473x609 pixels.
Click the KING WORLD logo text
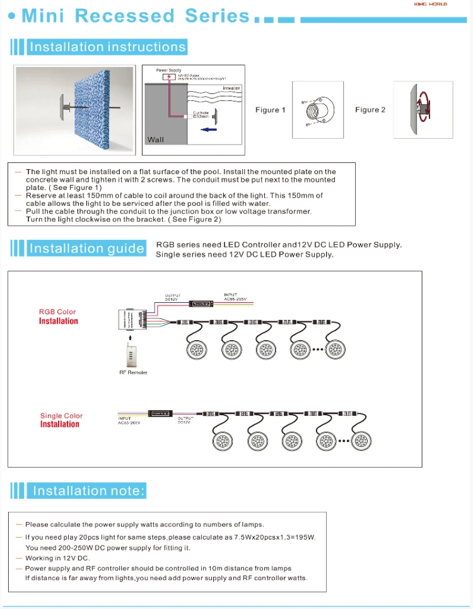[x=431, y=4]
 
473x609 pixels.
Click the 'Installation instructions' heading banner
[x=107, y=47]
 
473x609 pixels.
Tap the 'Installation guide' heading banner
[x=86, y=249]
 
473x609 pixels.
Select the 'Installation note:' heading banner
[x=88, y=491]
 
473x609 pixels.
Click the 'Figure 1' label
[x=270, y=110]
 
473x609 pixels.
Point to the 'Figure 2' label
[x=370, y=110]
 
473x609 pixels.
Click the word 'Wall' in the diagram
[x=155, y=139]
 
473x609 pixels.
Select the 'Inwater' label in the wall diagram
[x=231, y=88]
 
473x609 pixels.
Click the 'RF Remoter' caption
[x=133, y=373]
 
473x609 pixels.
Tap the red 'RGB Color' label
[x=57, y=312]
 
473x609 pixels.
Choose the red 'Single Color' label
[x=61, y=416]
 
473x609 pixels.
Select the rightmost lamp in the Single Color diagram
[x=363, y=440]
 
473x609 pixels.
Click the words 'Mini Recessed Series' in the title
[x=136, y=16]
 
